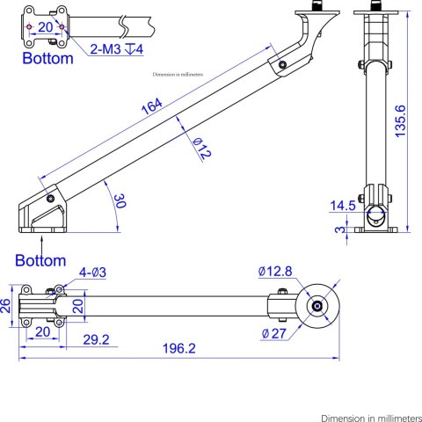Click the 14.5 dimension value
(x=343, y=205)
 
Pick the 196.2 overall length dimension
(x=178, y=348)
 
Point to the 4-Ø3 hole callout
(x=93, y=272)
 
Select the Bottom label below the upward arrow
(x=41, y=260)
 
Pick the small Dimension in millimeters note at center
(x=178, y=76)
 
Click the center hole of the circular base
(x=316, y=306)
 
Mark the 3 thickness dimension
(x=339, y=230)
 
